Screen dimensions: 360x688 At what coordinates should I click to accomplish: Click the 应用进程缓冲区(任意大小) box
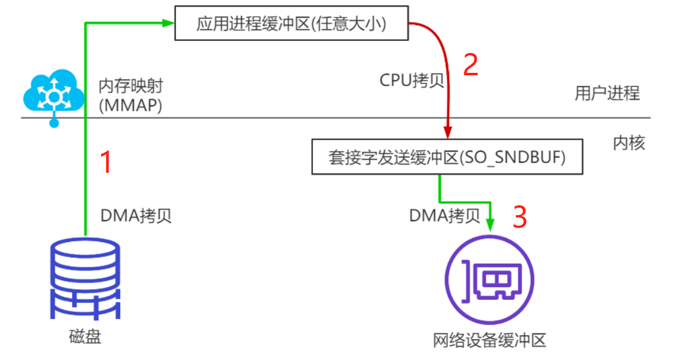click(x=291, y=24)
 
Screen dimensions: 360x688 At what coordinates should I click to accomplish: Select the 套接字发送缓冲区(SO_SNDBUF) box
click(x=447, y=158)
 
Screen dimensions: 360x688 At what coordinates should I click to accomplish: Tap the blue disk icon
click(x=85, y=280)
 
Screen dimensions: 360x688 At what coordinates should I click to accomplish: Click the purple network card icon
click(x=489, y=281)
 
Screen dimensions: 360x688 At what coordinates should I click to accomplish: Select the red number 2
click(x=470, y=64)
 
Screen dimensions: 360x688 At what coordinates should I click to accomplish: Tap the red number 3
click(x=519, y=217)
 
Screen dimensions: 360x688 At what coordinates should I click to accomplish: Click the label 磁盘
click(x=85, y=337)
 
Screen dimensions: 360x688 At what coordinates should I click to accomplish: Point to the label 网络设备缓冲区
click(x=489, y=341)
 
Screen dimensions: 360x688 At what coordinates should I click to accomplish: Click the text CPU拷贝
click(x=412, y=80)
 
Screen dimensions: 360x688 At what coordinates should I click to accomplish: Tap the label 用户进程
click(x=607, y=93)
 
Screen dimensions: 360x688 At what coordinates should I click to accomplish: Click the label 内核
click(x=629, y=143)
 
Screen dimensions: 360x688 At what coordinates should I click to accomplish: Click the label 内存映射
click(x=131, y=86)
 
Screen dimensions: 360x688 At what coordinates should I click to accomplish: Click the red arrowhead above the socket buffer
click(x=447, y=132)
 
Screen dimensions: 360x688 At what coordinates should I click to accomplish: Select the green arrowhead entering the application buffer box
click(x=169, y=23)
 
